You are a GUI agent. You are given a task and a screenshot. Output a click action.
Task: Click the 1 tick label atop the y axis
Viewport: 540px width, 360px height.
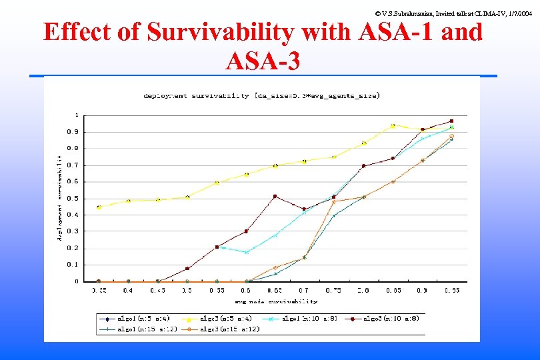[76, 115]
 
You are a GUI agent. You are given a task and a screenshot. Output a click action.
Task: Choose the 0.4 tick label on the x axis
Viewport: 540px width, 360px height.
[128, 291]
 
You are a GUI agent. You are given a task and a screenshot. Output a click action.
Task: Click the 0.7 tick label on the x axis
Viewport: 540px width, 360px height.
[304, 291]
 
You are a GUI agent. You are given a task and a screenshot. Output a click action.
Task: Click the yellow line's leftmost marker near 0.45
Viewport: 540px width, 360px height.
[99, 207]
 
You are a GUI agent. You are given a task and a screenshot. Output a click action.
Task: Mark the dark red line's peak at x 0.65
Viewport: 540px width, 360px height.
[275, 196]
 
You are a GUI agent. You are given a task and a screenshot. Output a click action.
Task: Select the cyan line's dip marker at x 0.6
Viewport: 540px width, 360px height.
[246, 252]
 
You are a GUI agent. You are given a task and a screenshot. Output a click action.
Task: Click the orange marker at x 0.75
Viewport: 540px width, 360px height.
[334, 201]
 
